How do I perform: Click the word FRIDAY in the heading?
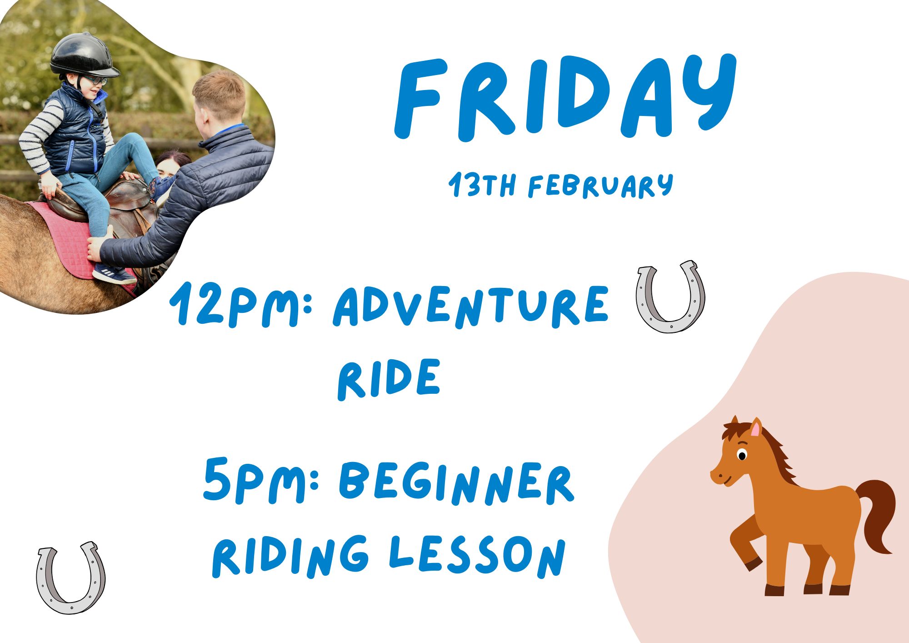tap(566, 98)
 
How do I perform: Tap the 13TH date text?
tap(482, 185)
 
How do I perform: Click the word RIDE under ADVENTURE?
tap(389, 378)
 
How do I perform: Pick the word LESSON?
tap(477, 557)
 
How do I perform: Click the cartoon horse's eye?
tap(742, 455)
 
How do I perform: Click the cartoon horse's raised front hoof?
tap(753, 564)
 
